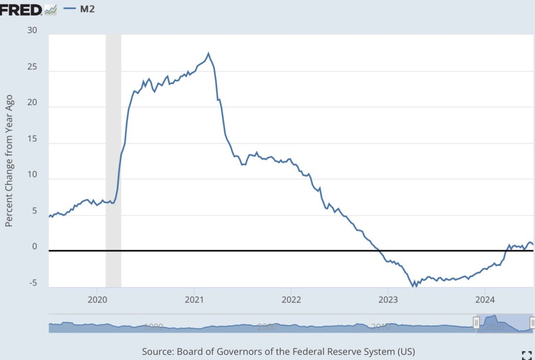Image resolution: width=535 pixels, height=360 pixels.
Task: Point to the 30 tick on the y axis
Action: [x=32, y=30]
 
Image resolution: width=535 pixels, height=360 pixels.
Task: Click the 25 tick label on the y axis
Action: [x=32, y=67]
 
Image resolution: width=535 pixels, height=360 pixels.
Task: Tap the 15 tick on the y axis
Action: [x=32, y=139]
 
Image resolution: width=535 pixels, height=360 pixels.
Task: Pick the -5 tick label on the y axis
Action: [x=33, y=283]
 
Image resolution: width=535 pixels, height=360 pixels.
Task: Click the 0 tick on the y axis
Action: [x=35, y=247]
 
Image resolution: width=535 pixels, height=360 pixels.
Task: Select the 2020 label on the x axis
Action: [x=98, y=300]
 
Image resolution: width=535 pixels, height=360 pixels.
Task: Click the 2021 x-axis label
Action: [x=194, y=300]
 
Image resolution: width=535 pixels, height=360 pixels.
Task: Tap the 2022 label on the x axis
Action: [x=291, y=300]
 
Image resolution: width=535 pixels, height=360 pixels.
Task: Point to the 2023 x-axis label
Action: [x=388, y=300]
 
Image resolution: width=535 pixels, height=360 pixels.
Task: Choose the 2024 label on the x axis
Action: [x=484, y=300]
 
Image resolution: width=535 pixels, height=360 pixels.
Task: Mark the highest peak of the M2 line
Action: [x=208, y=53]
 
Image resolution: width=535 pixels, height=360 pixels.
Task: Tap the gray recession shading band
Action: [x=113, y=157]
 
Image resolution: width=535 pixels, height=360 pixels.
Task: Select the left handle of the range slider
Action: [x=476, y=322]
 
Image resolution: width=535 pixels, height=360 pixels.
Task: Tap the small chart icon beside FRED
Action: [x=51, y=9]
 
